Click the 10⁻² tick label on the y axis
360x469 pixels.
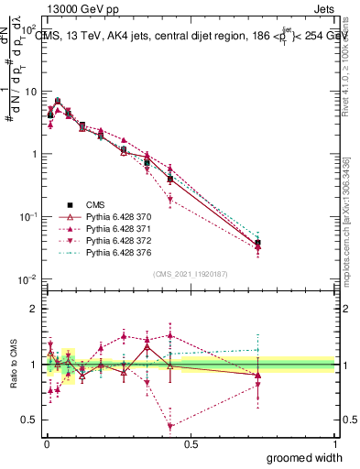point(27,279)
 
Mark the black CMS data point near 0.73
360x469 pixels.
point(257,243)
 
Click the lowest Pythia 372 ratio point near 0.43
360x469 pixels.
point(170,426)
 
